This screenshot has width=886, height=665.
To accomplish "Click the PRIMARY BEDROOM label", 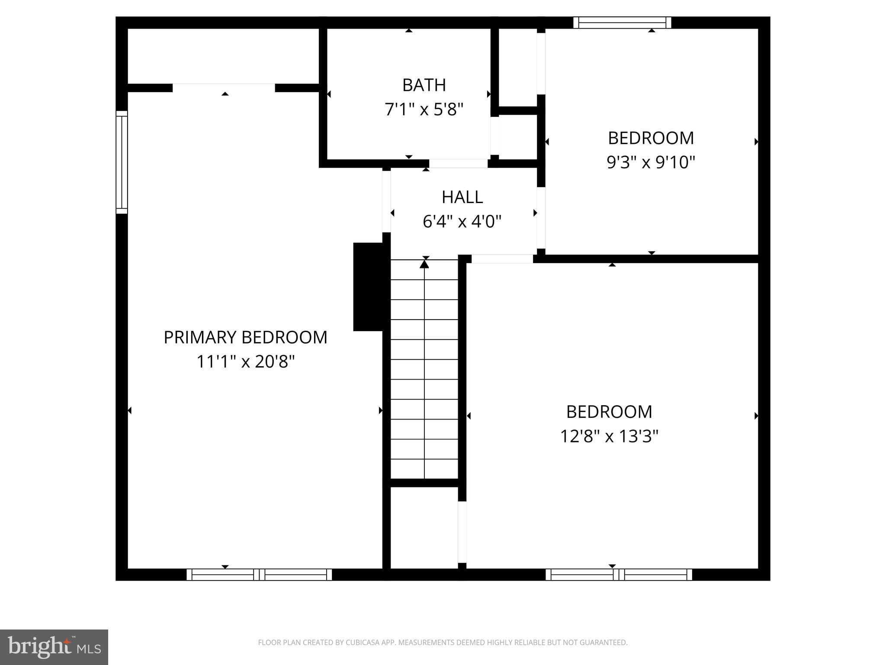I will tap(245, 337).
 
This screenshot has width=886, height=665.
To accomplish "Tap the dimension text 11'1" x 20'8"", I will tap(245, 361).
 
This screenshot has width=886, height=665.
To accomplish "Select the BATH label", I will tap(424, 85).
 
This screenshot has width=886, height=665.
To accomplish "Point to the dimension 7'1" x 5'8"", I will tap(424, 110).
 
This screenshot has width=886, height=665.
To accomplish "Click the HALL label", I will tap(462, 197).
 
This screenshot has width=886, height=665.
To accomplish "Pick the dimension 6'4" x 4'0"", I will tap(462, 222).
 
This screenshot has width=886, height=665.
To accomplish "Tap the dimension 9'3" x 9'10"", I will tap(651, 162).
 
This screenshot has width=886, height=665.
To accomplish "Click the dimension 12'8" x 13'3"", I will tap(609, 436).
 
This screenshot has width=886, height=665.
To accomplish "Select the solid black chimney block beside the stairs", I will tap(368, 287).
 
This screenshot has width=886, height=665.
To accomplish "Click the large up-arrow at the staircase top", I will tap(424, 263).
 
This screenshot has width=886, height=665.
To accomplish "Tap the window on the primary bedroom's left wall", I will tap(122, 162).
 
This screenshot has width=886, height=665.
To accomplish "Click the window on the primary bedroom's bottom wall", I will tap(259, 575).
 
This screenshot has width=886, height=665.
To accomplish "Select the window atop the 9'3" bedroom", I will tap(622, 23).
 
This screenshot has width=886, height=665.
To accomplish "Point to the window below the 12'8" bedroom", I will tap(619, 575).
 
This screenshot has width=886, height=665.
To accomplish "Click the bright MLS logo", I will tap(54, 647).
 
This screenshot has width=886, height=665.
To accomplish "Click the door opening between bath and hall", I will tap(458, 164).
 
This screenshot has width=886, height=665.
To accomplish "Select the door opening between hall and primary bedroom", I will tap(386, 201).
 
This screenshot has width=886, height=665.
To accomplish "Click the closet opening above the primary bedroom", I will tap(224, 88).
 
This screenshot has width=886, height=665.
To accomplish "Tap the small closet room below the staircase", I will tap(424, 527).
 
